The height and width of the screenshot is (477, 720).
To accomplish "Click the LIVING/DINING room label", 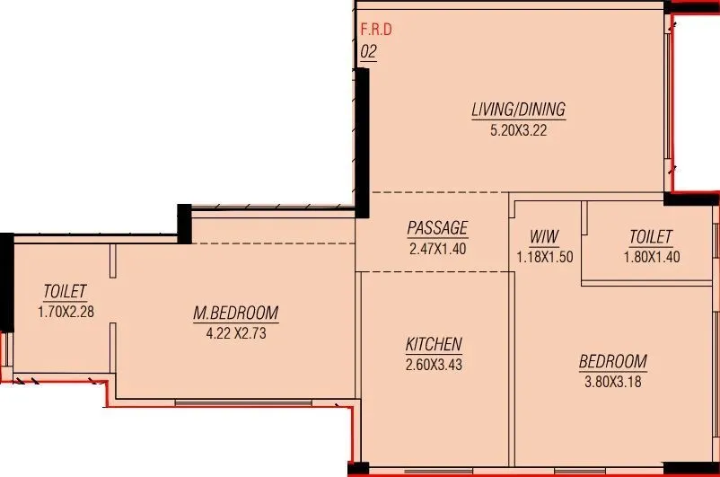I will click(518, 110).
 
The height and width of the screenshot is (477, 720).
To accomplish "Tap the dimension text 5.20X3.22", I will click(518, 129).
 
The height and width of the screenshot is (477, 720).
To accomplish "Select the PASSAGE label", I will click(437, 228).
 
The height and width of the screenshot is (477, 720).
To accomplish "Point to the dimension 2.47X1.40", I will click(437, 248).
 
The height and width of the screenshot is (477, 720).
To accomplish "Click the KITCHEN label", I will click(434, 344).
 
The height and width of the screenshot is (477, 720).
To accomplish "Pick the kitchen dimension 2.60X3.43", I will click(434, 364).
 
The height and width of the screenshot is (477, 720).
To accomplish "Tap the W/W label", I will click(544, 237).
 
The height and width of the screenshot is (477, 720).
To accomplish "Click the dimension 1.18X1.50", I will click(544, 256).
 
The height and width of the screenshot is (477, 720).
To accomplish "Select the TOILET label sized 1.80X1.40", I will click(650, 237).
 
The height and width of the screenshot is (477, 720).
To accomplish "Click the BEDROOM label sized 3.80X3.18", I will click(612, 362).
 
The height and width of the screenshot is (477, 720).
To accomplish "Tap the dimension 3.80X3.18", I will click(612, 381).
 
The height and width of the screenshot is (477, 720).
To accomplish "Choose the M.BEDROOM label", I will click(236, 314).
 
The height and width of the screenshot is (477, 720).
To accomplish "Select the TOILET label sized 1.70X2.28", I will click(65, 292).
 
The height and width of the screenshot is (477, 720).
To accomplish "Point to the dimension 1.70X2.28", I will click(65, 312).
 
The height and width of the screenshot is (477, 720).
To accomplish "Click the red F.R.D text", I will click(376, 30).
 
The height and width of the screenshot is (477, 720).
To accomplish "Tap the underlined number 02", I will click(368, 51).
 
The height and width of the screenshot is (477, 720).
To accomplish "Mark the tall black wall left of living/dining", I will click(364, 144).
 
